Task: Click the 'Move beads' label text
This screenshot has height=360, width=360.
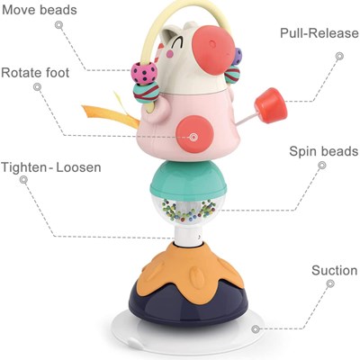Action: click(x=40, y=10)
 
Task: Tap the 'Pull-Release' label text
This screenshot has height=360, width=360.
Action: click(x=319, y=33)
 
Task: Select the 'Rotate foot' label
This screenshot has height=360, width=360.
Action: click(x=35, y=73)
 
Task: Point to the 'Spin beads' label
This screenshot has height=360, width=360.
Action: click(x=324, y=151)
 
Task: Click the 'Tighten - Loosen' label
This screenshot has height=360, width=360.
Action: click(x=51, y=167)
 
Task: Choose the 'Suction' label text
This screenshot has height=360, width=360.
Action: click(x=335, y=271)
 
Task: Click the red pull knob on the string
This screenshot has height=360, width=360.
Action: click(x=271, y=105)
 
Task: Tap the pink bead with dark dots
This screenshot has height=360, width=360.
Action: click(x=144, y=74)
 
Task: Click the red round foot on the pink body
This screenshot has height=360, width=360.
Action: click(x=194, y=133)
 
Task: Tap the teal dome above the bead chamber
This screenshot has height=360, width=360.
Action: click(x=188, y=178)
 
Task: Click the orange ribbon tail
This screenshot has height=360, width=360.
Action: click(x=111, y=115)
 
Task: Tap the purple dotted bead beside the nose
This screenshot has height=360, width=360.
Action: click(x=238, y=57)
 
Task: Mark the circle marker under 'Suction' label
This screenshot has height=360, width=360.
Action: click(x=330, y=283)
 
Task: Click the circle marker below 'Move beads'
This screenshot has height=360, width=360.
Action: click(x=58, y=25)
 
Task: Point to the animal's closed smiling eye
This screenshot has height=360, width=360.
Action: click(x=175, y=43)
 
